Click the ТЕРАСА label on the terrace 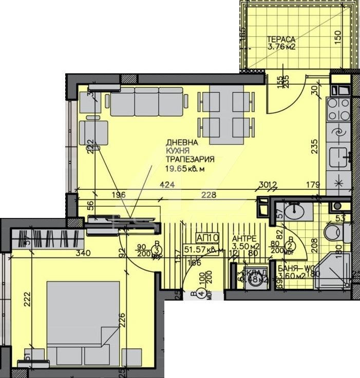click(281, 39)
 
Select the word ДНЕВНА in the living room click(180, 143)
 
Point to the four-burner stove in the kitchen click(338, 108)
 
